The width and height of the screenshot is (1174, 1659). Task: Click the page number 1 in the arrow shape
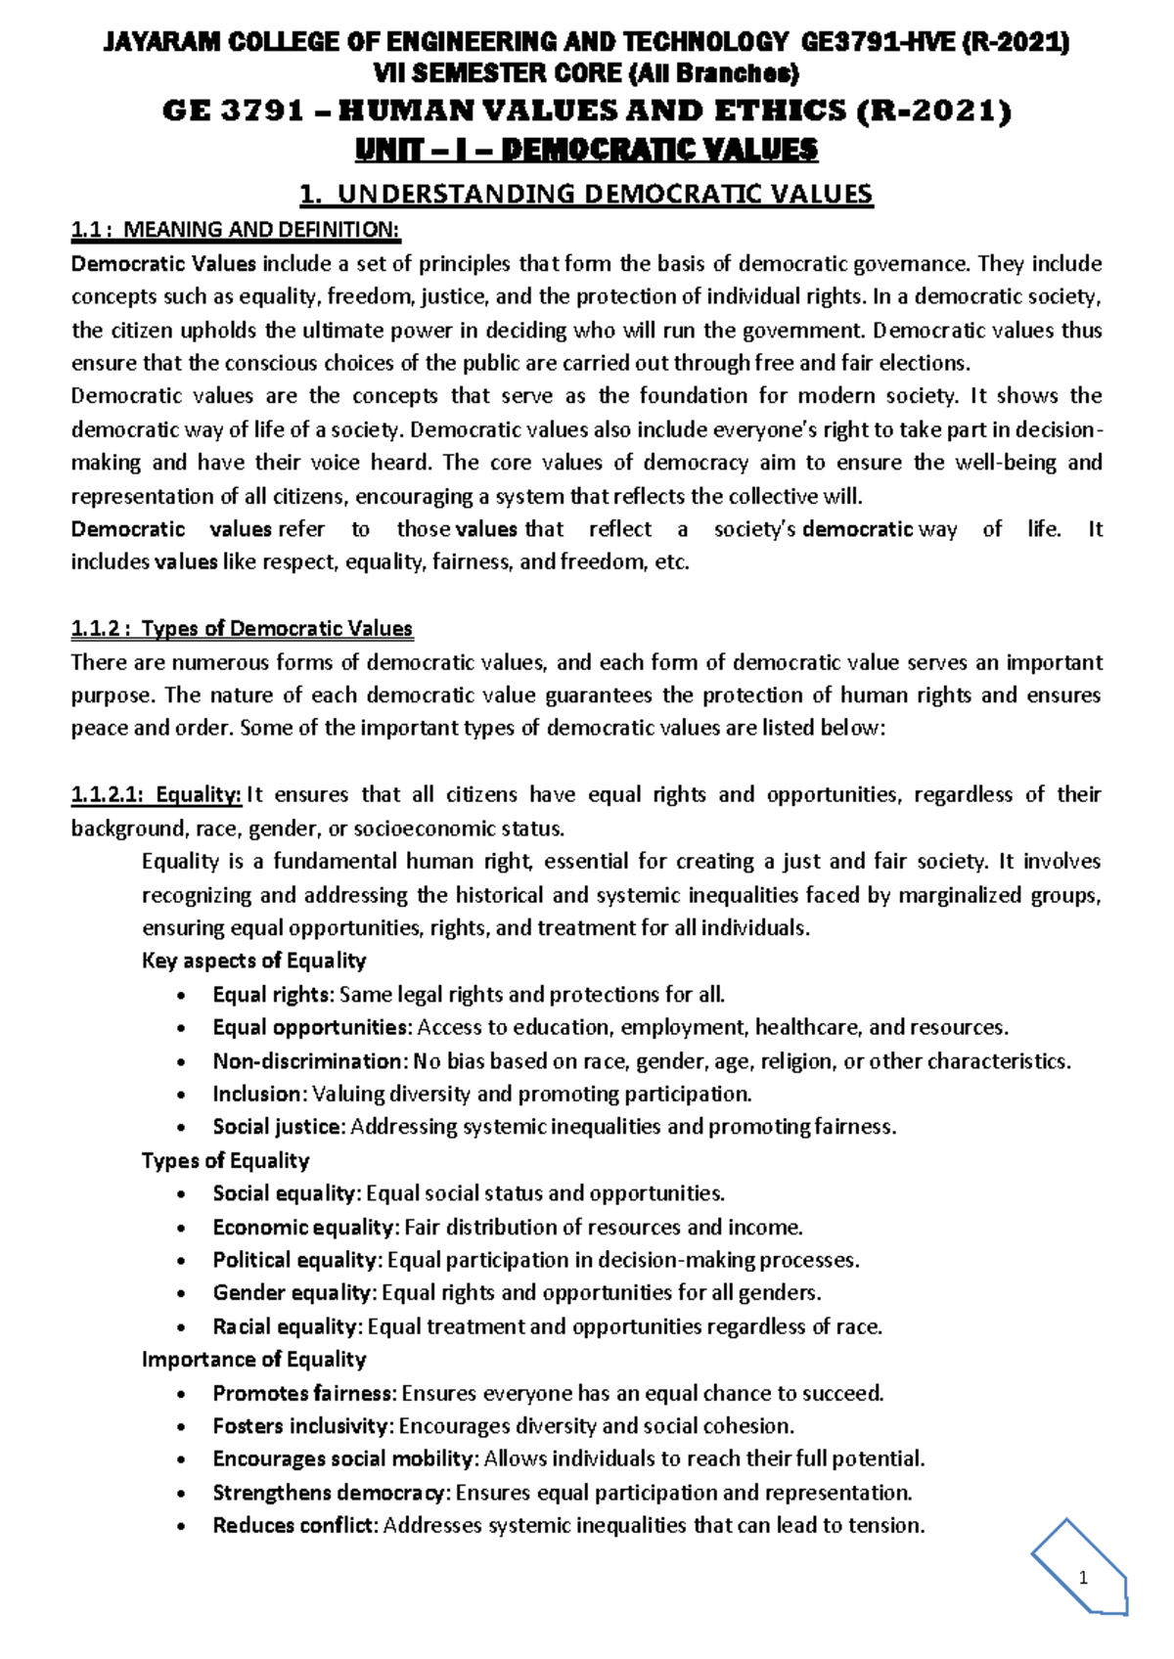pos(1083,1578)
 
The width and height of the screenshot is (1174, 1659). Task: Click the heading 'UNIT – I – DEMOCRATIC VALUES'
pos(586,150)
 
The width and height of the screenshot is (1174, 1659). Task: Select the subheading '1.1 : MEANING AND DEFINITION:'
pos(236,230)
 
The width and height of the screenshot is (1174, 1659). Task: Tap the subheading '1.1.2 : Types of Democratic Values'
pos(242,628)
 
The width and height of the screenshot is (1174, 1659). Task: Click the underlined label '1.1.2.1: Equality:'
pos(157,794)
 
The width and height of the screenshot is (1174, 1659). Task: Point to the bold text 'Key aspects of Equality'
pos(253,961)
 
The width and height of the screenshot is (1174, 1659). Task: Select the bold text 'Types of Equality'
pos(225,1160)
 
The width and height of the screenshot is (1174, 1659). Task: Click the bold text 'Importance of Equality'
pos(253,1359)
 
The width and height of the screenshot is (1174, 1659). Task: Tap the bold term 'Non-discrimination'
pos(307,1061)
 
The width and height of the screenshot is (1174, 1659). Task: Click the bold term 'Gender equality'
pos(293,1293)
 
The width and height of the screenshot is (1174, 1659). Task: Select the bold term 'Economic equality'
pos(304,1227)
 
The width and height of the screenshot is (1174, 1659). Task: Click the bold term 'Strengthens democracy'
pos(331,1493)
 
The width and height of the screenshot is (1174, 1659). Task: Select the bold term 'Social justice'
pos(278,1127)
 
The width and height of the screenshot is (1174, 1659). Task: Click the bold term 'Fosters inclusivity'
pos(302,1426)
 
